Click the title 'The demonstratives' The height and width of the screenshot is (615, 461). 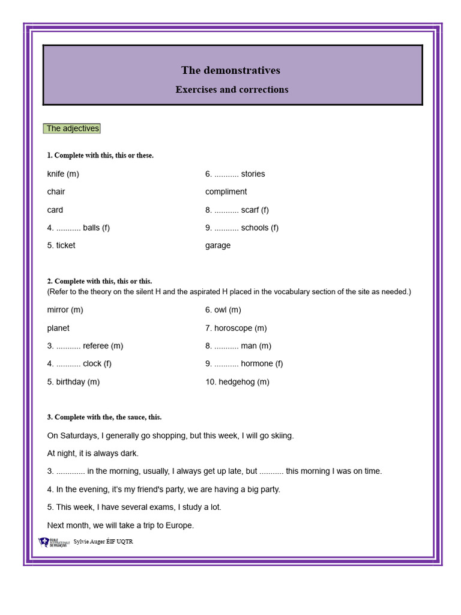pos(230,70)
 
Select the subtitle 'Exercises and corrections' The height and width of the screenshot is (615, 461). pos(232,89)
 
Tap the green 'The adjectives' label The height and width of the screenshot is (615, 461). pos(72,129)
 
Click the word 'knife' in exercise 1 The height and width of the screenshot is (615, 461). pos(56,174)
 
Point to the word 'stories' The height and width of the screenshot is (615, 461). pos(253,174)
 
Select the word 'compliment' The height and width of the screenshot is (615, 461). pos(226,192)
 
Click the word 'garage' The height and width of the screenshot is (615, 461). pos(217,246)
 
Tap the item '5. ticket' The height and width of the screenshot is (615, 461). pos(61,246)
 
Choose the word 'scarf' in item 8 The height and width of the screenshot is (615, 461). pos(250,210)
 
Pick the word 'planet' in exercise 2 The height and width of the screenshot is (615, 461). pos(58,329)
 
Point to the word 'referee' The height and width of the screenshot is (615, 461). pos(96,346)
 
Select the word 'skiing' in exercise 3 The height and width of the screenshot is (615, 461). pos(281,436)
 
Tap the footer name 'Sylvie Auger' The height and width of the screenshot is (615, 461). pos(89,542)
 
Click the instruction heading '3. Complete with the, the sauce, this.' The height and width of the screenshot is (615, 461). pos(104,417)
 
